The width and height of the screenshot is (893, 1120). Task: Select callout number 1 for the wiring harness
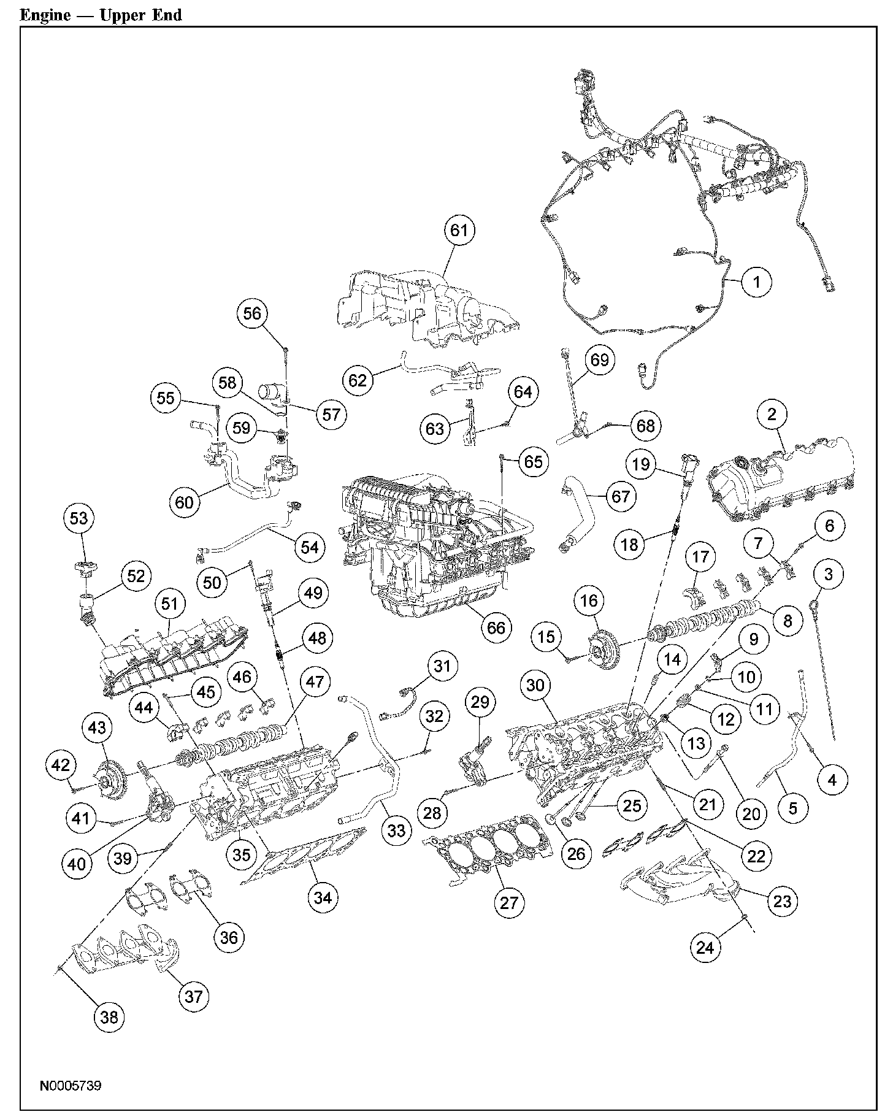(x=756, y=282)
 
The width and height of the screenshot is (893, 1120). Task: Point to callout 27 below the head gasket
(x=509, y=902)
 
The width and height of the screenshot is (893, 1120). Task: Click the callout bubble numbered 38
(x=109, y=1017)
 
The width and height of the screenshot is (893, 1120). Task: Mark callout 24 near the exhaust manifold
(x=705, y=948)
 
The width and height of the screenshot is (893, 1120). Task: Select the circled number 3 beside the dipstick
(x=829, y=575)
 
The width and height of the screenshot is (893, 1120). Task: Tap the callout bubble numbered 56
(x=252, y=314)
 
